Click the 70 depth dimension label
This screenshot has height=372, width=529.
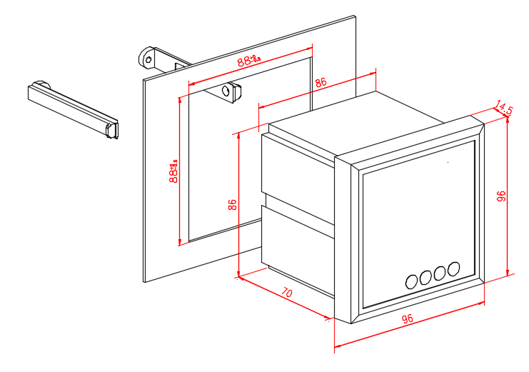pyautogui.click(x=286, y=293)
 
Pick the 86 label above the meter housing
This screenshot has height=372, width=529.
pyautogui.click(x=321, y=83)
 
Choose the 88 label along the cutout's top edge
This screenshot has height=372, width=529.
pyautogui.click(x=249, y=61)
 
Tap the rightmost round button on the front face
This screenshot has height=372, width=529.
pyautogui.click(x=453, y=269)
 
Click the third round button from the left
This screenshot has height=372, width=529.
pyautogui.click(x=439, y=273)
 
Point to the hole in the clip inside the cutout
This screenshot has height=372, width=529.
pyautogui.click(x=227, y=91)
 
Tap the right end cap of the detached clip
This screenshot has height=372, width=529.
pyautogui.click(x=111, y=130)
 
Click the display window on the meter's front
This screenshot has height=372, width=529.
pyautogui.click(x=418, y=214)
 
